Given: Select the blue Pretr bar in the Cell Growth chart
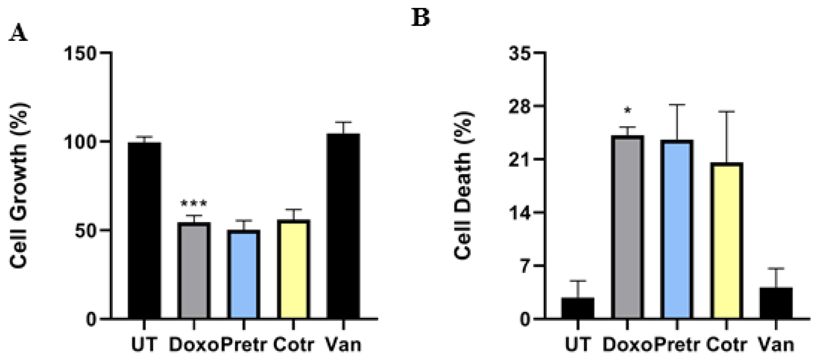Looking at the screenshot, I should [x=244, y=274].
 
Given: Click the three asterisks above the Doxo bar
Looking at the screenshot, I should [x=193, y=204].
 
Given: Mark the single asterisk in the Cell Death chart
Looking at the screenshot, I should [x=627, y=111].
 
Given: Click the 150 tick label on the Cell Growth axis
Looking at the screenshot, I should [x=80, y=53].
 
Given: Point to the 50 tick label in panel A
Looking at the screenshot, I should [x=86, y=231].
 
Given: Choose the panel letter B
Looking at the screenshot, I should [x=420, y=18].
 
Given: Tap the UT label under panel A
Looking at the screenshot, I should [x=144, y=345].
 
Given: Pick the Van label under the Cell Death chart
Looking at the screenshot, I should [x=776, y=345].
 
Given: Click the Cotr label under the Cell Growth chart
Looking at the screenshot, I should [x=294, y=345].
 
